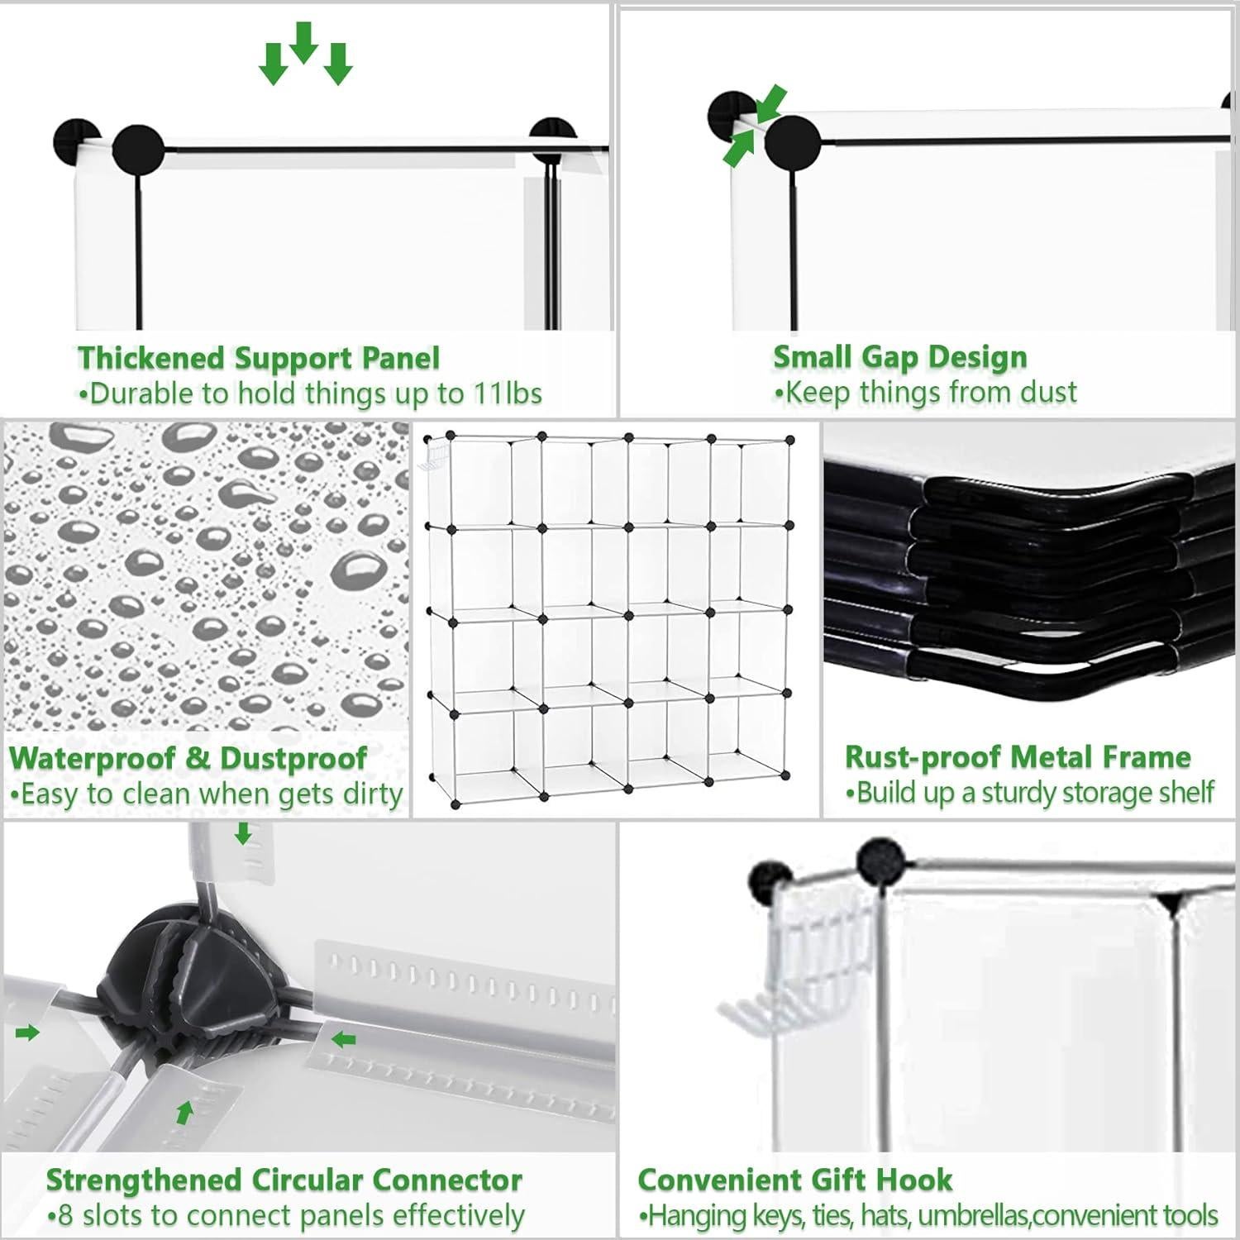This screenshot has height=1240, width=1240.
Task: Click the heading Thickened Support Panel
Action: [x=258, y=358]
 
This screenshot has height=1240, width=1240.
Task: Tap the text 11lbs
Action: [x=507, y=393]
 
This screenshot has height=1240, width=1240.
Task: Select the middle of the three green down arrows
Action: [x=304, y=43]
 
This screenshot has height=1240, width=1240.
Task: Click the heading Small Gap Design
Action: [x=899, y=356]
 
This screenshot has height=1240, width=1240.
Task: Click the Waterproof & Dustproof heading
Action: [x=188, y=757]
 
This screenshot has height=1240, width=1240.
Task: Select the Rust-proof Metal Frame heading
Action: [x=1017, y=756]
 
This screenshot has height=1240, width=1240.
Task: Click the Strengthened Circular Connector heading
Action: [x=284, y=1180]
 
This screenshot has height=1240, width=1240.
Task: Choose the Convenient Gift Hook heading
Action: [x=794, y=1179]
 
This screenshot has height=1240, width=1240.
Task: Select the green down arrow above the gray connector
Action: [x=242, y=834]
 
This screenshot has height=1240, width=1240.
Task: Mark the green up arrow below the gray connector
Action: [x=184, y=1113]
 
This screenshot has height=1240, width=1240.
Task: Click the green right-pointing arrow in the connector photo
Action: [x=27, y=1033]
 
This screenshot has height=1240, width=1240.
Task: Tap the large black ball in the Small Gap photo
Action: [x=791, y=143]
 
